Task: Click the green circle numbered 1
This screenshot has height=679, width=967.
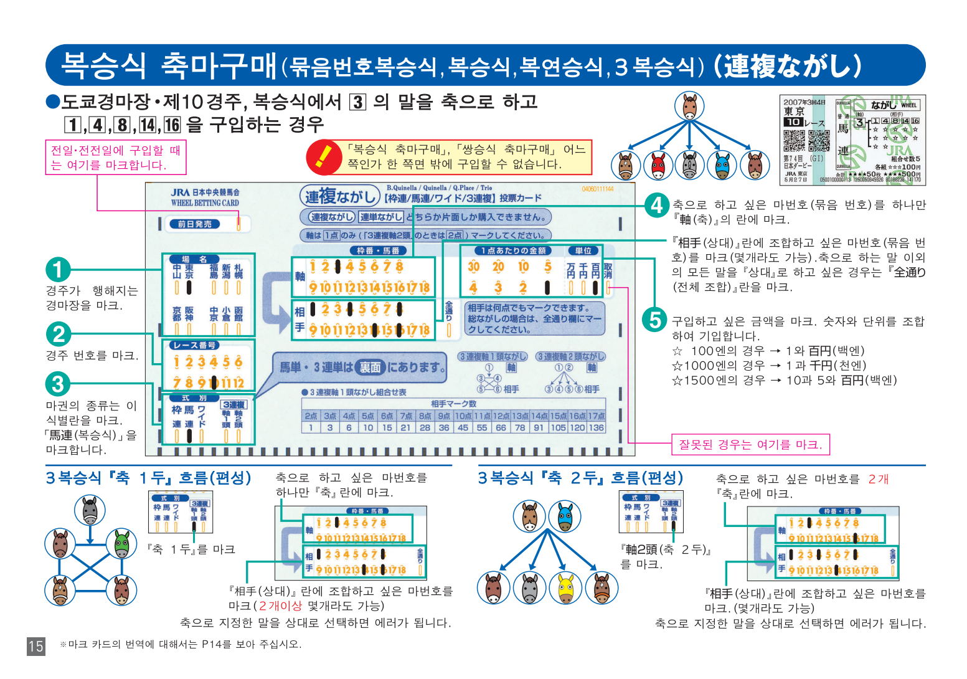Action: [x=58, y=270]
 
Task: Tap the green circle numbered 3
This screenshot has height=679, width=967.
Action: [x=58, y=384]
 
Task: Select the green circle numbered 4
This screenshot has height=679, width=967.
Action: [x=656, y=205]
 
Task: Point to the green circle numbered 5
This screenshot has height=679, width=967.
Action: [x=654, y=320]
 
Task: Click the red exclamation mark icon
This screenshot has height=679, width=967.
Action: [x=323, y=157]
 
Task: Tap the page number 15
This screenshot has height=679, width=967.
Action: [x=36, y=646]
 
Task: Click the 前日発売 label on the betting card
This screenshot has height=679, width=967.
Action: [x=194, y=224]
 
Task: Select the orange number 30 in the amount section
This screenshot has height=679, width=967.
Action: [x=474, y=267]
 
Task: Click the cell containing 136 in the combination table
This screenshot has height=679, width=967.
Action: [x=596, y=427]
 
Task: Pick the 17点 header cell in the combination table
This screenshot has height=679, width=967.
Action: [x=596, y=415]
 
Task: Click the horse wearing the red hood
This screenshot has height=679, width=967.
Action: [x=658, y=166]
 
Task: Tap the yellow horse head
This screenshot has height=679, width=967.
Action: [x=565, y=587]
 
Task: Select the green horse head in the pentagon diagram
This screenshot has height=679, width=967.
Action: [x=121, y=544]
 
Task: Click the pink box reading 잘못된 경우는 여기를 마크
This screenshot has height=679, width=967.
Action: [x=750, y=445]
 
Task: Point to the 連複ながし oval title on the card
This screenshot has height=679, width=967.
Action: [x=339, y=197]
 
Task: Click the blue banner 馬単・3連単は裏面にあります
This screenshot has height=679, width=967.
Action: [x=361, y=368]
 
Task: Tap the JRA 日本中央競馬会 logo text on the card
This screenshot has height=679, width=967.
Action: [x=205, y=193]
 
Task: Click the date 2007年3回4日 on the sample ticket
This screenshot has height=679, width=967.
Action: [x=804, y=102]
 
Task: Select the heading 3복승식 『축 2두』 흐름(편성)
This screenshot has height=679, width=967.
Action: [x=580, y=478]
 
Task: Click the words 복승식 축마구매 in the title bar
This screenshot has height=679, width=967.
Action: [x=169, y=65]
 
